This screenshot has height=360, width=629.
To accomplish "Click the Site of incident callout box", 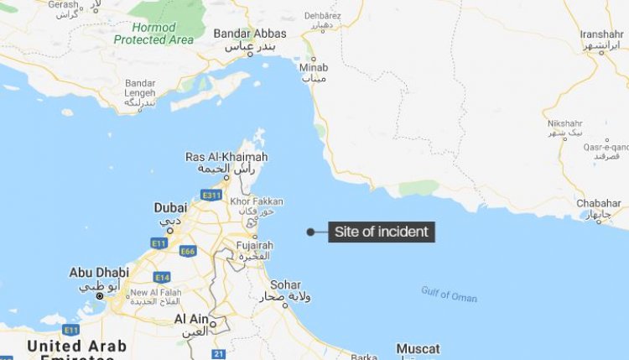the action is pyautogui.click(x=382, y=232).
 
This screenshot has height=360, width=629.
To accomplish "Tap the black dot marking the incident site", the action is pyautogui.click(x=310, y=232).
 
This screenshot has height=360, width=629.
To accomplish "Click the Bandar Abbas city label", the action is pyautogui.click(x=250, y=34).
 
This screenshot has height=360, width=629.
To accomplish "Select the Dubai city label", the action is pyautogui.click(x=170, y=208).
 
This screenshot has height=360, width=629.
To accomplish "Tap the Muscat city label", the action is pyautogui.click(x=418, y=348).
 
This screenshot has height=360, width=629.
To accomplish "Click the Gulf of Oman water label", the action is pyautogui.click(x=449, y=294).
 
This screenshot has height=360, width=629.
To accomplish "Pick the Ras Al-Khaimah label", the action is pyautogui.click(x=226, y=158).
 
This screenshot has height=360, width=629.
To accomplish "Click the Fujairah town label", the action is pyautogui.click(x=255, y=246).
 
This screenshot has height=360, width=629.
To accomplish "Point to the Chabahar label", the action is pyautogui.click(x=600, y=204).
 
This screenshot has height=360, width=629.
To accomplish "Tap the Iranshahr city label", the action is pyautogui.click(x=601, y=34).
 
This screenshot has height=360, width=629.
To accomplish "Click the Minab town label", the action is pyautogui.click(x=314, y=67).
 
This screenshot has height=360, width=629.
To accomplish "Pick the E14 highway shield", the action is pyautogui.click(x=161, y=277).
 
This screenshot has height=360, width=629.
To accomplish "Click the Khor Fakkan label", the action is pyautogui.click(x=257, y=202).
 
